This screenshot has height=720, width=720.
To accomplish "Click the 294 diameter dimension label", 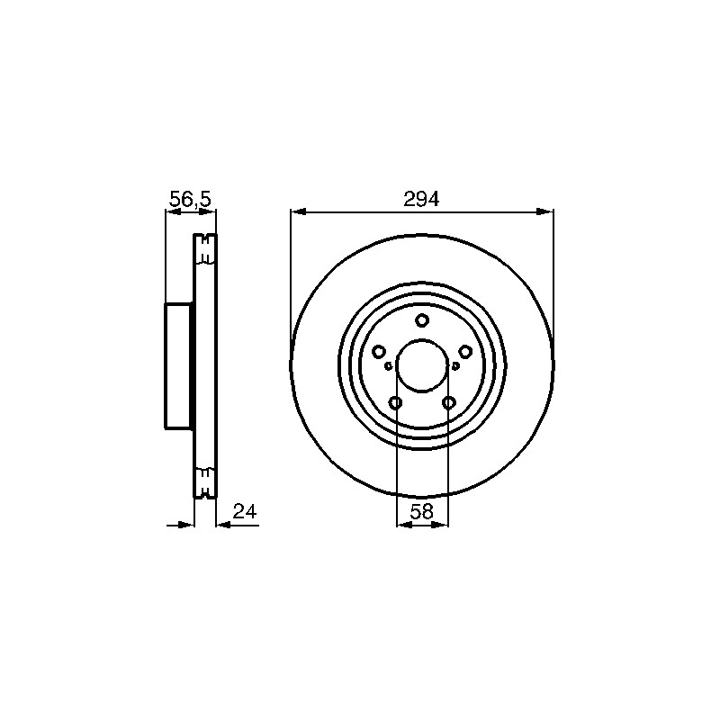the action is pyautogui.click(x=421, y=199).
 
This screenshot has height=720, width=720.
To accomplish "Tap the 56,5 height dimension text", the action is pyautogui.click(x=190, y=199).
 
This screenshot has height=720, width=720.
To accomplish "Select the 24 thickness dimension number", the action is pyautogui.click(x=244, y=511).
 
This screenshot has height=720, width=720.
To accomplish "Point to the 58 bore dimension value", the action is pyautogui.click(x=421, y=511).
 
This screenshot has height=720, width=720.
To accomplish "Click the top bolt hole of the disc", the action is pyautogui.click(x=422, y=320).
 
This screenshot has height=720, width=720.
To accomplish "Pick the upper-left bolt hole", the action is pyautogui.click(x=378, y=352).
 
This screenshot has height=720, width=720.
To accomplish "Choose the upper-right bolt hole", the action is pyautogui.click(x=465, y=352).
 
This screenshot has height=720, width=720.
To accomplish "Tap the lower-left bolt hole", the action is pyautogui.click(x=395, y=403).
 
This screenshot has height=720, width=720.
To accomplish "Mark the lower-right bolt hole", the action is pyautogui.click(x=448, y=403).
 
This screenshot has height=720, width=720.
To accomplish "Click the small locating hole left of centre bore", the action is pyautogui.click(x=389, y=366).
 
